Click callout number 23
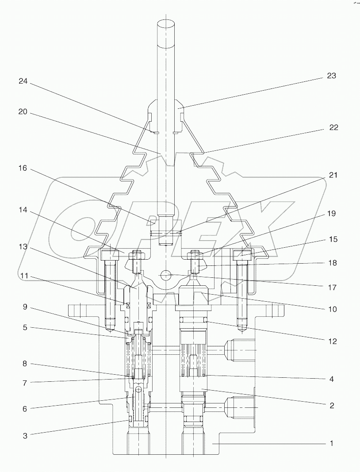point(331,76)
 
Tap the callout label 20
point(23,112)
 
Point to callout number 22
point(333,127)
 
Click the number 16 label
point(23,169)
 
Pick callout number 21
point(333,175)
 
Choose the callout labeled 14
point(23,211)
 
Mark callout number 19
point(331,214)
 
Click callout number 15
point(333,239)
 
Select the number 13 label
point(23,247)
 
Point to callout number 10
point(332,309)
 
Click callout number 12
point(332,341)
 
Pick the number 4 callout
point(331,379)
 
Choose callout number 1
point(331,443)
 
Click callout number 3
point(25,436)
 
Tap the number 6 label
point(25,409)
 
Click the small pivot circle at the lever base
point(165,275)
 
